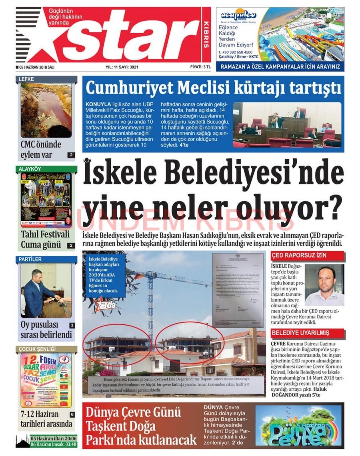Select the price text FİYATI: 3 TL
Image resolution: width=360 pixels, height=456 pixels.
click(x=200, y=67)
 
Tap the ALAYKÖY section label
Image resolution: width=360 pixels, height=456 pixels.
click(x=30, y=169)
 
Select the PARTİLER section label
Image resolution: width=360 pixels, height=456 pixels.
click(x=30, y=259)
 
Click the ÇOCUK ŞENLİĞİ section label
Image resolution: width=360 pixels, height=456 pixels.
click(x=37, y=349)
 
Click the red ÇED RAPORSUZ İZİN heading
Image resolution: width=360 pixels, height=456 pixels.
click(x=293, y=255)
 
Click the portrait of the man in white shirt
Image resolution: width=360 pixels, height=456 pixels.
click(x=324, y=285)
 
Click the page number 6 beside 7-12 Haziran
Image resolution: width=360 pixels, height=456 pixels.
click(x=72, y=414)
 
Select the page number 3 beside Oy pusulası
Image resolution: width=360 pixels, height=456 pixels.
click(x=72, y=326)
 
